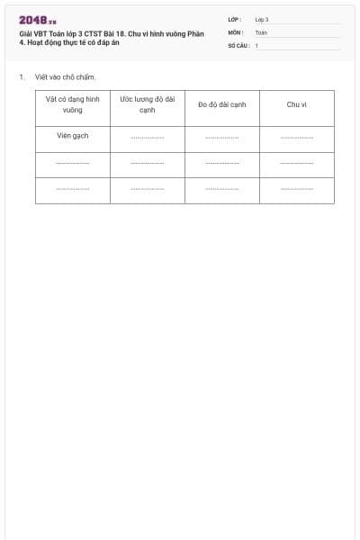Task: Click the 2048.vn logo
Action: [38, 20]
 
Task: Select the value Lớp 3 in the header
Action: [262, 20]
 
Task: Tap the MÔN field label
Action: [235, 32]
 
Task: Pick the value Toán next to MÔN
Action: [261, 32]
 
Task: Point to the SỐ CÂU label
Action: [238, 45]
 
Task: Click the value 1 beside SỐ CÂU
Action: [256, 45]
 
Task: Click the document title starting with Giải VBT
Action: [112, 38]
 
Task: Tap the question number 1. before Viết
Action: [22, 77]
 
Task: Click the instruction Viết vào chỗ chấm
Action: [66, 77]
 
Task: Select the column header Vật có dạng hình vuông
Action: [73, 104]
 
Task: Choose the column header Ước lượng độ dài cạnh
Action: [147, 104]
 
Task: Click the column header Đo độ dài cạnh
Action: [221, 104]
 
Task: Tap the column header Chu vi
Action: [297, 104]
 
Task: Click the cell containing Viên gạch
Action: [73, 137]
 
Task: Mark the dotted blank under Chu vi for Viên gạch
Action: [297, 138]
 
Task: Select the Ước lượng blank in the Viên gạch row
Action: [147, 138]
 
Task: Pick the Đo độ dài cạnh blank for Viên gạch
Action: [221, 138]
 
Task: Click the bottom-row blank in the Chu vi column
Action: [297, 189]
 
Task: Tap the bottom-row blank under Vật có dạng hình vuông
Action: [73, 189]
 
